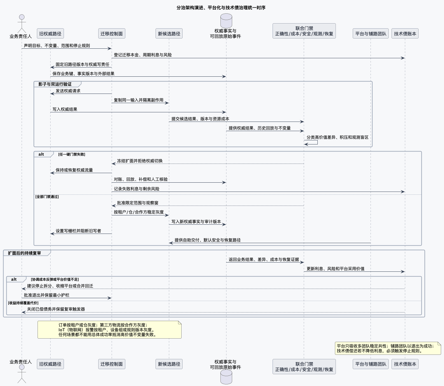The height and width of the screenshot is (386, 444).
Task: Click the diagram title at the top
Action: (x=221, y=8)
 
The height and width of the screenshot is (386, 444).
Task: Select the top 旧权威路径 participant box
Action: (x=50, y=33)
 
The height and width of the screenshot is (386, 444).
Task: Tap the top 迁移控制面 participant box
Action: (x=112, y=33)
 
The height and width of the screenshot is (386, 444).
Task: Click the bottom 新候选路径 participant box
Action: (x=169, y=364)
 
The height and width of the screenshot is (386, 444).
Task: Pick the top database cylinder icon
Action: (x=226, y=21)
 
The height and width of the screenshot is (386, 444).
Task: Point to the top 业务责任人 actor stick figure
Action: (x=22, y=24)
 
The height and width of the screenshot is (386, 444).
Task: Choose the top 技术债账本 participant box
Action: (x=405, y=33)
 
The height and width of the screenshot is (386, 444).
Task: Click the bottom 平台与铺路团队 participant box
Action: (x=371, y=364)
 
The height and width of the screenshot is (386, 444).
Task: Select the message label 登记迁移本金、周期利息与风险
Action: (x=143, y=55)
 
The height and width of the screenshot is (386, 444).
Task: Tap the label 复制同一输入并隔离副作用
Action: (x=138, y=100)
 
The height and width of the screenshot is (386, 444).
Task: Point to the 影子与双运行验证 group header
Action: (x=55, y=84)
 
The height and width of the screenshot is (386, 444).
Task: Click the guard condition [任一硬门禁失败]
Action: (x=72, y=154)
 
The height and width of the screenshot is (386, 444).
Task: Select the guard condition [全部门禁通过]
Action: (x=47, y=197)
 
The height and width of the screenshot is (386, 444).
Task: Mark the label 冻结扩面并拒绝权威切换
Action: (x=140, y=161)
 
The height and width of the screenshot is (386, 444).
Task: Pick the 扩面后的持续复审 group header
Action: (x=24, y=253)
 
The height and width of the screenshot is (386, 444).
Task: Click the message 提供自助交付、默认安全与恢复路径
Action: (x=270, y=243)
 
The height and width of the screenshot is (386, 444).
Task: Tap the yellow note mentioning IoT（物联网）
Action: (x=109, y=330)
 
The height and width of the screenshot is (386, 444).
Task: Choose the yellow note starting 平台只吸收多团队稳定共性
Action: (x=388, y=348)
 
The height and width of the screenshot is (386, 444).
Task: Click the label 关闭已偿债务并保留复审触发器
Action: (x=56, y=309)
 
